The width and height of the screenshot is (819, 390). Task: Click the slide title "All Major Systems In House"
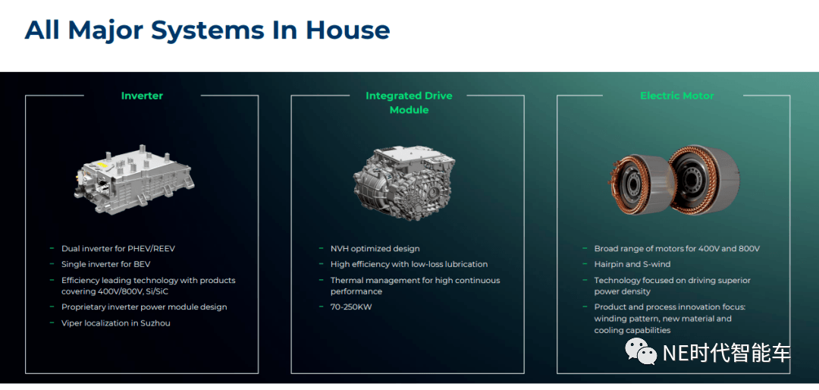pyautogui.click(x=207, y=30)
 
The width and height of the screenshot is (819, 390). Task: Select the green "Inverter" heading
pyautogui.click(x=142, y=96)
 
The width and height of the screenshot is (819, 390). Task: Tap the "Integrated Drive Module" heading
pyautogui.click(x=409, y=102)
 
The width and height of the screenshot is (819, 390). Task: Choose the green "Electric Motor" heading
pyautogui.click(x=677, y=96)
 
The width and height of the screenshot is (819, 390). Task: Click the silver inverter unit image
pyautogui.click(x=134, y=179)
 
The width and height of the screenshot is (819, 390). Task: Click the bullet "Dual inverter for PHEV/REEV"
pyautogui.click(x=118, y=249)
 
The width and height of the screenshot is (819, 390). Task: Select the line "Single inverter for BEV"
pyautogui.click(x=105, y=265)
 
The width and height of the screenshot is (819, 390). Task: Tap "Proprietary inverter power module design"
pyautogui.click(x=144, y=307)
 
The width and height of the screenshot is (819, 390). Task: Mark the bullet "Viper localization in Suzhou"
pyautogui.click(x=115, y=323)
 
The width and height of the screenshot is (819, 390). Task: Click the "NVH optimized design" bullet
pyautogui.click(x=375, y=249)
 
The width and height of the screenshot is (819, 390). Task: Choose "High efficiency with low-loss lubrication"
pyautogui.click(x=409, y=265)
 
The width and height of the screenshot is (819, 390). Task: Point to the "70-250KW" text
pyautogui.click(x=351, y=307)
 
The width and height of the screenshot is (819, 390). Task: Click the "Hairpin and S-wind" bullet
pyautogui.click(x=632, y=265)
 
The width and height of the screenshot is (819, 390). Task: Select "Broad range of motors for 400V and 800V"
pyautogui.click(x=677, y=249)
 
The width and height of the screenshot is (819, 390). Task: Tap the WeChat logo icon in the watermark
pyautogui.click(x=642, y=351)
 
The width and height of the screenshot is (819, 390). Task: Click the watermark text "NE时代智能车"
pyautogui.click(x=726, y=353)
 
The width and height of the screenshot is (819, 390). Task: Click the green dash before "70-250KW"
pyautogui.click(x=322, y=307)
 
